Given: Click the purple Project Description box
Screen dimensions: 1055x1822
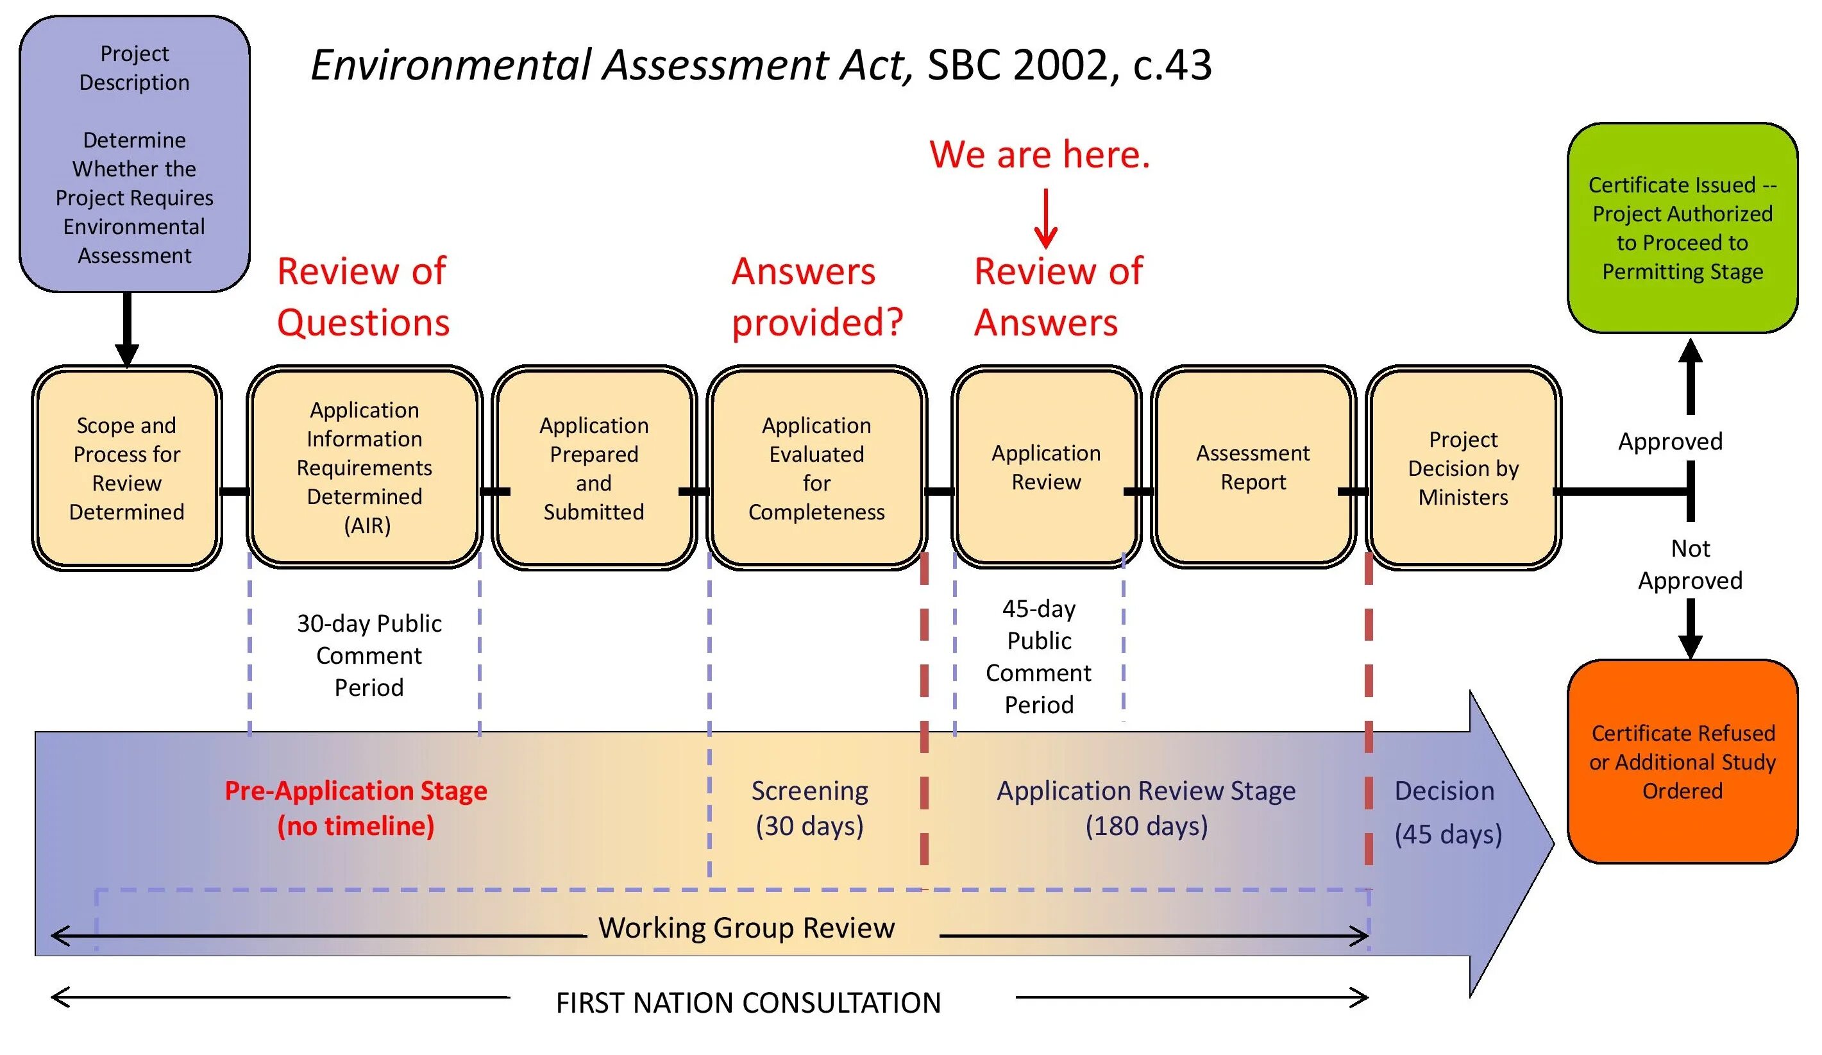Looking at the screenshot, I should [x=135, y=154].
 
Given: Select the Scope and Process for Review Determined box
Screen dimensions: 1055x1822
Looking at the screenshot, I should [x=126, y=468].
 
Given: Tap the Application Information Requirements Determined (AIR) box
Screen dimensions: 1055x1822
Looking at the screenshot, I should [x=364, y=467].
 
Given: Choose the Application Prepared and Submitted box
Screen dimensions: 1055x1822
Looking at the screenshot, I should [x=594, y=468].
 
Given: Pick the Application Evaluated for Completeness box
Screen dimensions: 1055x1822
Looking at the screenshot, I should [x=816, y=468].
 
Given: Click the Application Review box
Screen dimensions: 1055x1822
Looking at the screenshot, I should [x=1045, y=467].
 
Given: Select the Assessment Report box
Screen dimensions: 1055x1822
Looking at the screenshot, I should [x=1253, y=467].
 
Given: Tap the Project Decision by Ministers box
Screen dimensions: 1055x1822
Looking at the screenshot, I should [x=1463, y=468].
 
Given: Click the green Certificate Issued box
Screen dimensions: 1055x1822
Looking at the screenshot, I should [x=1682, y=228].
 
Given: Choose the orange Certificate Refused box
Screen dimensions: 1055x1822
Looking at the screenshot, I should [x=1682, y=761].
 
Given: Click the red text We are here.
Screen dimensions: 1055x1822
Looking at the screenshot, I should [x=1039, y=154].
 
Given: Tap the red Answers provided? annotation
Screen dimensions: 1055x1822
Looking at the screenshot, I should [x=817, y=296].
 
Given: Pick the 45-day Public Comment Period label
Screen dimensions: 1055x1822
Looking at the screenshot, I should [x=1039, y=656].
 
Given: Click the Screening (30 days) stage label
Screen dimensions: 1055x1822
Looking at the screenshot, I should [x=809, y=807].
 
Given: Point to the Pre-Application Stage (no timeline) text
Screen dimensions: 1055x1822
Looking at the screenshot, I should [x=356, y=807].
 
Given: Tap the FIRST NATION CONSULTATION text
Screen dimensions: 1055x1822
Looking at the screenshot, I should [x=748, y=1003].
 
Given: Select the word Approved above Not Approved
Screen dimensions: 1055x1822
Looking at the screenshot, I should [x=1670, y=441].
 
